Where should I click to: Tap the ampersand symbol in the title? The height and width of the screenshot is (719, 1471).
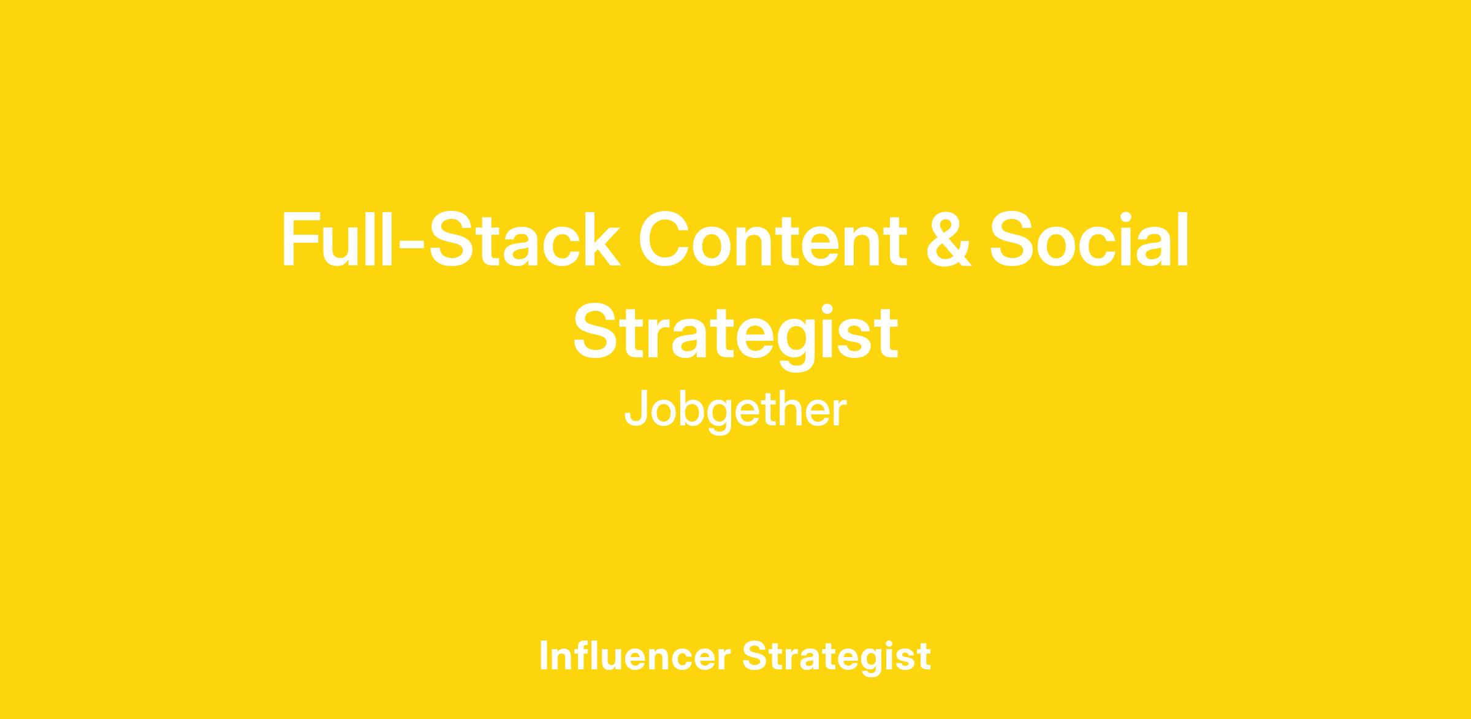(x=948, y=239)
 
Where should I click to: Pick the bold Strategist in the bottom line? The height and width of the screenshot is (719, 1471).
(x=837, y=657)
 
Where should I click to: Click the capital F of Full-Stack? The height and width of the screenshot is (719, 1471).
(x=301, y=240)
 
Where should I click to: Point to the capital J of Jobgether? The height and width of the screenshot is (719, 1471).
(x=636, y=409)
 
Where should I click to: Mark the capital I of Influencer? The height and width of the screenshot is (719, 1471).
(x=544, y=655)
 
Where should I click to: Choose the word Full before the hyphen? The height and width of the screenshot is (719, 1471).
(x=339, y=240)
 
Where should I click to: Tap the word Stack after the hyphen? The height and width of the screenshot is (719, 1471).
(x=524, y=239)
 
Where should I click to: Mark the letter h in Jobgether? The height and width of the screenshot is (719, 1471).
(x=787, y=409)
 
